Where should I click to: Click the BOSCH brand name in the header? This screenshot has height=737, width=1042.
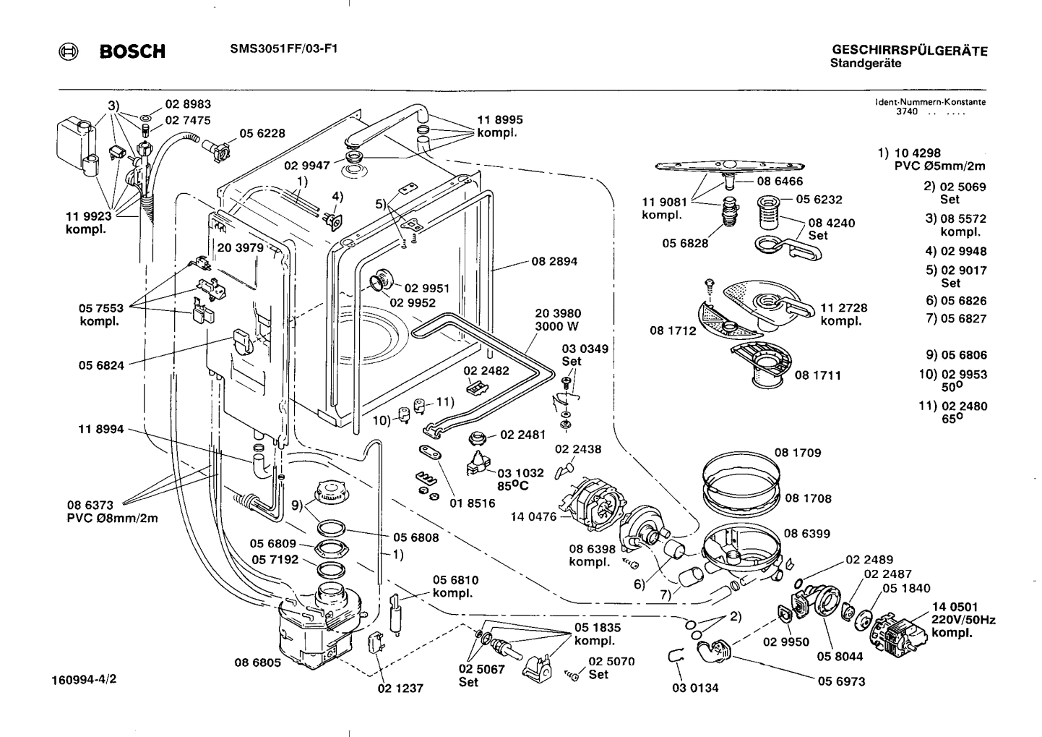pos(132,51)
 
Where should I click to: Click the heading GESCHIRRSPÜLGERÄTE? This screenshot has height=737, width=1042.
pos(910,51)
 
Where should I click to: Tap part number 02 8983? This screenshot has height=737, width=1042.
pos(188,104)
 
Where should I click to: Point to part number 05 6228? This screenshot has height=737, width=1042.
pos(262,133)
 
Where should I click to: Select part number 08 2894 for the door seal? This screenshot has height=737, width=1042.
pos(554,262)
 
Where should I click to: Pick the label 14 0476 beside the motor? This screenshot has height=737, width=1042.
pos(533,516)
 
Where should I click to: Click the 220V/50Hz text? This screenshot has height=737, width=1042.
pos(963,620)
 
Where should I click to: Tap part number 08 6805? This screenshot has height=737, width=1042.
pos(257,662)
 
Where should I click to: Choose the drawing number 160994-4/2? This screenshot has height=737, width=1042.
pos(85,680)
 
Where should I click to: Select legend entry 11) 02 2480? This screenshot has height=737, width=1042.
pos(953,406)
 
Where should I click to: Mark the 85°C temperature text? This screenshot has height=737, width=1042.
pos(512,486)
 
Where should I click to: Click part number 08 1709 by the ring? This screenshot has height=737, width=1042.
pos(798,453)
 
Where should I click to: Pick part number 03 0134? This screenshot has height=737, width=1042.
pos(695,688)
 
